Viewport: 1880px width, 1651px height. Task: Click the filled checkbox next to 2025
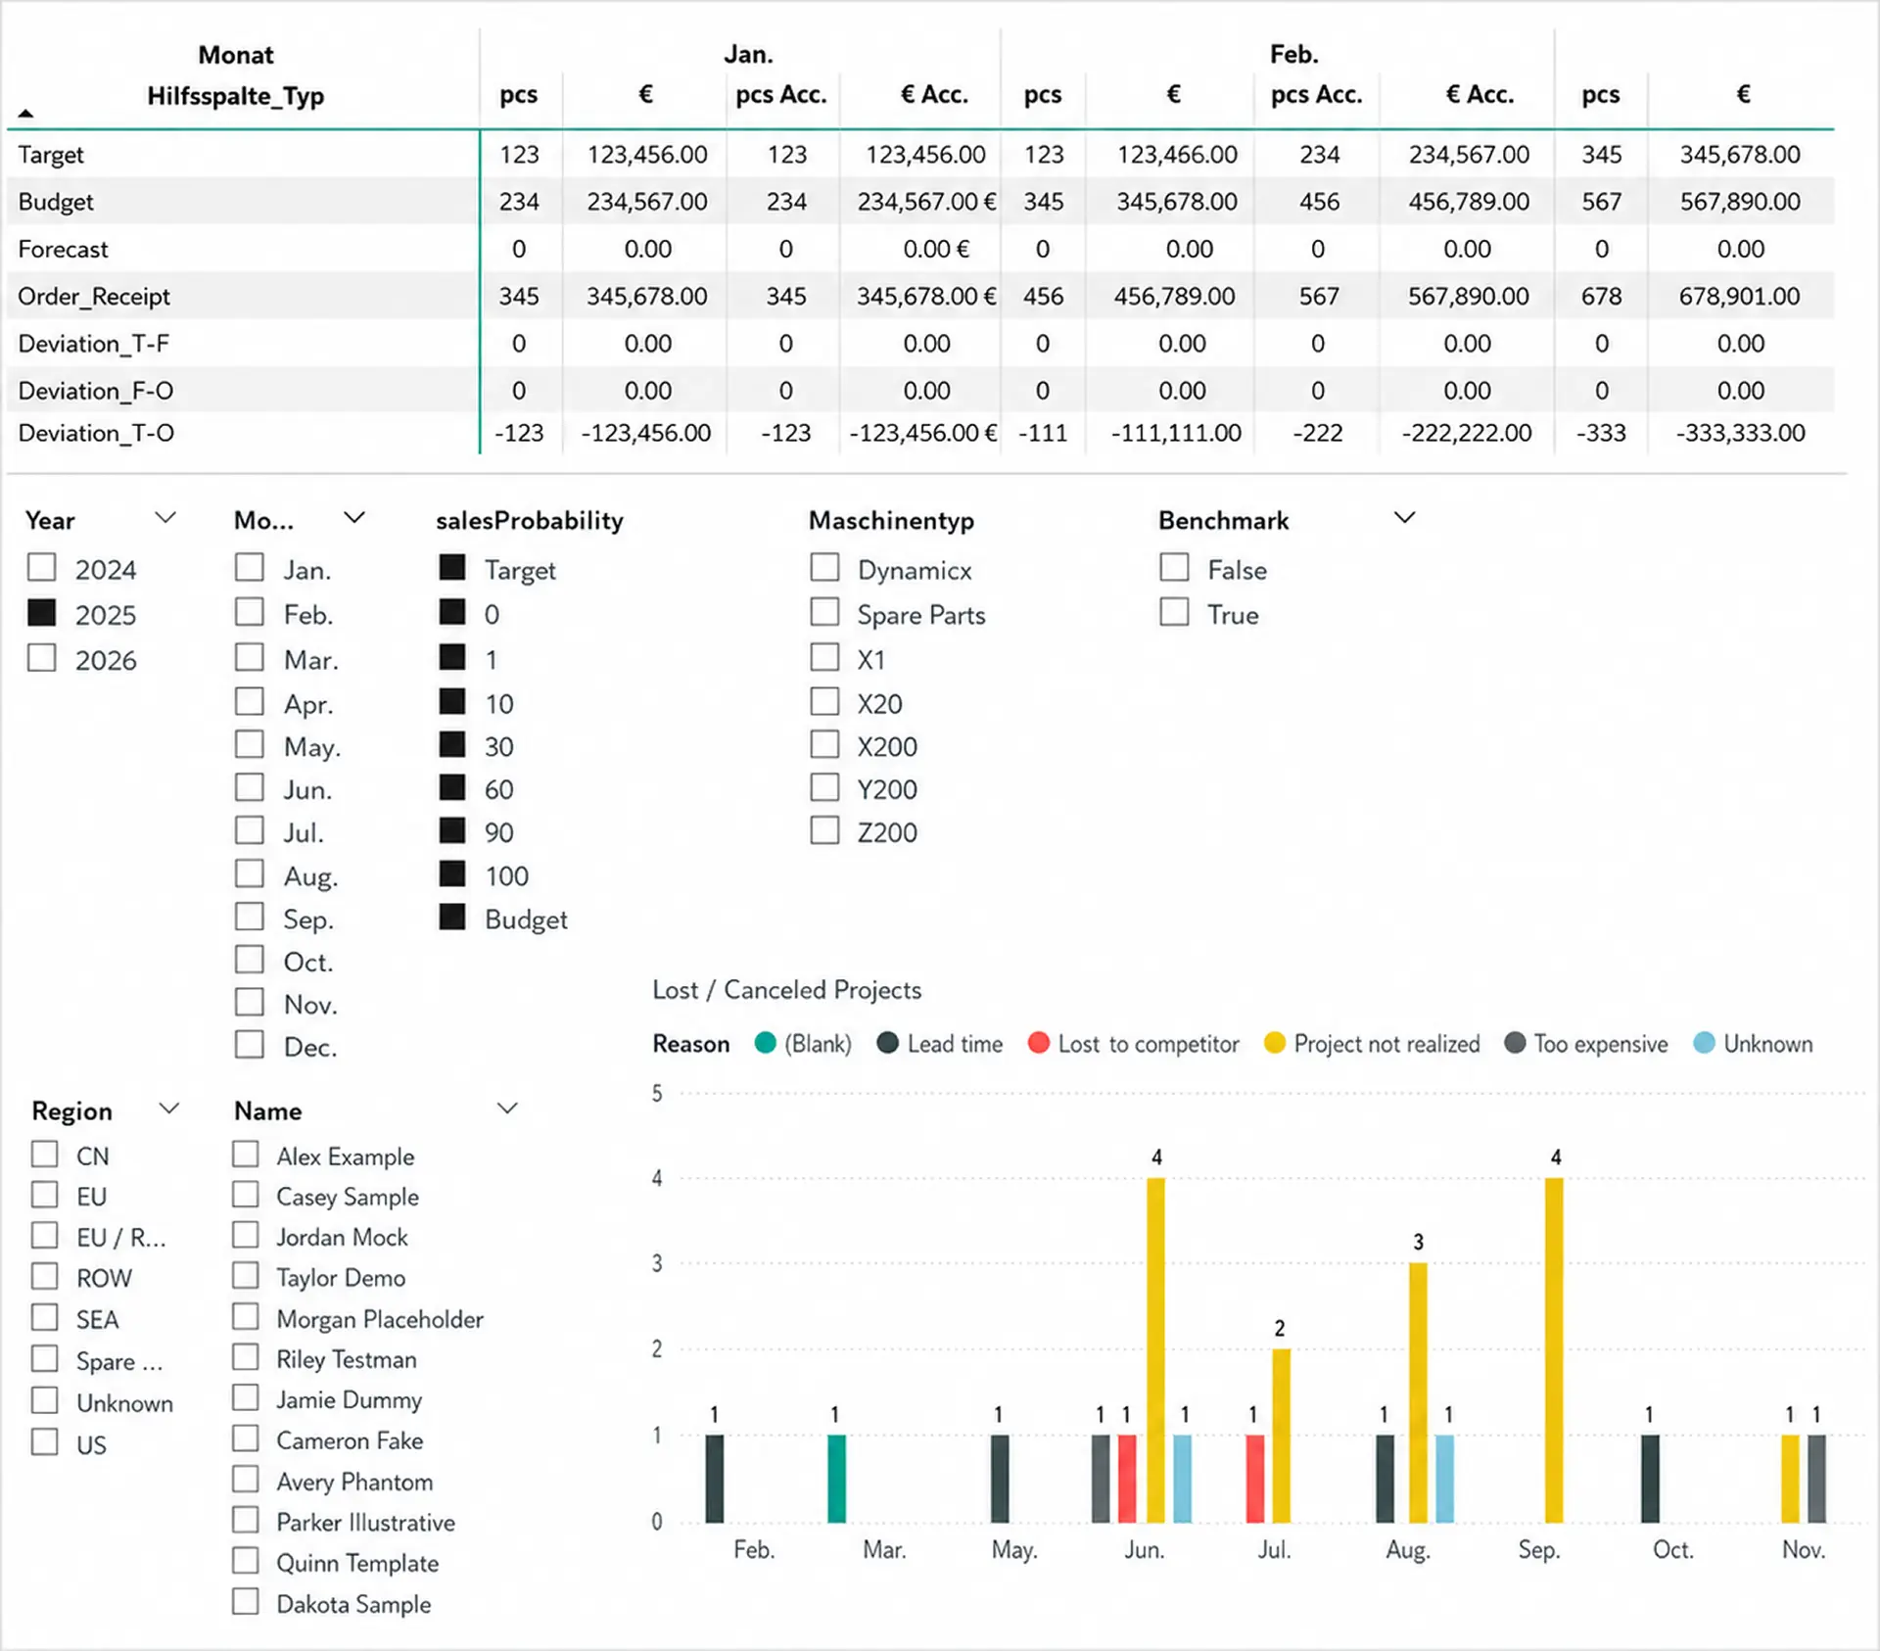click(x=41, y=612)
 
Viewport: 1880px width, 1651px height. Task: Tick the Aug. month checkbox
click(x=249, y=873)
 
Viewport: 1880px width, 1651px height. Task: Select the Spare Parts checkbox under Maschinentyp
click(x=824, y=612)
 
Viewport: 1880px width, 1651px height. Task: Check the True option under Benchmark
click(x=1174, y=612)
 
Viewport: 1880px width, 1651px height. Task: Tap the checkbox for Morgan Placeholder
click(x=246, y=1317)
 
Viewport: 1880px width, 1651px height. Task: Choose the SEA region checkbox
click(x=44, y=1317)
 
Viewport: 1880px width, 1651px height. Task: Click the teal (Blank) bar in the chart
click(x=836, y=1479)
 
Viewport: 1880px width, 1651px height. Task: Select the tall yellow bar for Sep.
click(x=1554, y=1350)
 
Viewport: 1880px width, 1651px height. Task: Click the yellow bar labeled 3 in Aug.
click(x=1418, y=1392)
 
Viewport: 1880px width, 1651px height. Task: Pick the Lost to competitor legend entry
click(x=1134, y=1044)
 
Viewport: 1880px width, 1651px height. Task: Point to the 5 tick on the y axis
click(x=657, y=1093)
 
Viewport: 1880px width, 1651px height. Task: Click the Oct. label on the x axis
click(x=1672, y=1550)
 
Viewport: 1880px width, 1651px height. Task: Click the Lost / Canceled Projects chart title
click(x=787, y=990)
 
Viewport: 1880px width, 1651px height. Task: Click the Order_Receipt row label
click(x=94, y=296)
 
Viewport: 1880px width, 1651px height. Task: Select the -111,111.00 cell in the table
click(x=1176, y=433)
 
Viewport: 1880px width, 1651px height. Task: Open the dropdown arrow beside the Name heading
click(x=507, y=1109)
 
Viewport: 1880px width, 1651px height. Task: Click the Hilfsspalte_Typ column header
click(x=235, y=96)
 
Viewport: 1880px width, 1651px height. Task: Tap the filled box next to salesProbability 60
click(x=452, y=787)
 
